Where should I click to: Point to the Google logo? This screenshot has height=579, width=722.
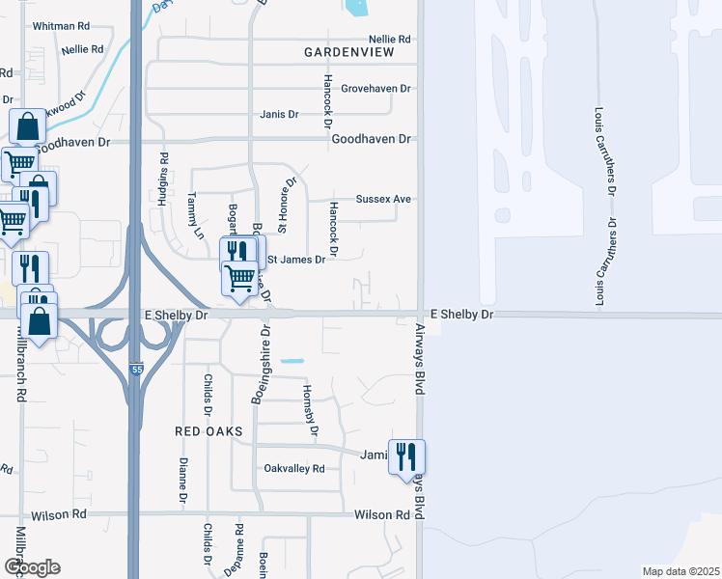click(x=32, y=566)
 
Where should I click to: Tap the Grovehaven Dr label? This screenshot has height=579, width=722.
click(x=376, y=89)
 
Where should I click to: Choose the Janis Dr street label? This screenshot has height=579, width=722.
click(x=279, y=114)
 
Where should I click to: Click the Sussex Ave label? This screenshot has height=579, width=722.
click(x=383, y=199)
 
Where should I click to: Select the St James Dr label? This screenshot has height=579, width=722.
click(x=296, y=260)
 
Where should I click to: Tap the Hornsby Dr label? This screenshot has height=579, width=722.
click(x=310, y=410)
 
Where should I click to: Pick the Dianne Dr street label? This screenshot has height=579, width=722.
click(x=182, y=481)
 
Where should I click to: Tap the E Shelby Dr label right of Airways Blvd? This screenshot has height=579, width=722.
click(x=461, y=315)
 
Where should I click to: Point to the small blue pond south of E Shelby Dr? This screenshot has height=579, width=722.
click(x=292, y=361)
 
